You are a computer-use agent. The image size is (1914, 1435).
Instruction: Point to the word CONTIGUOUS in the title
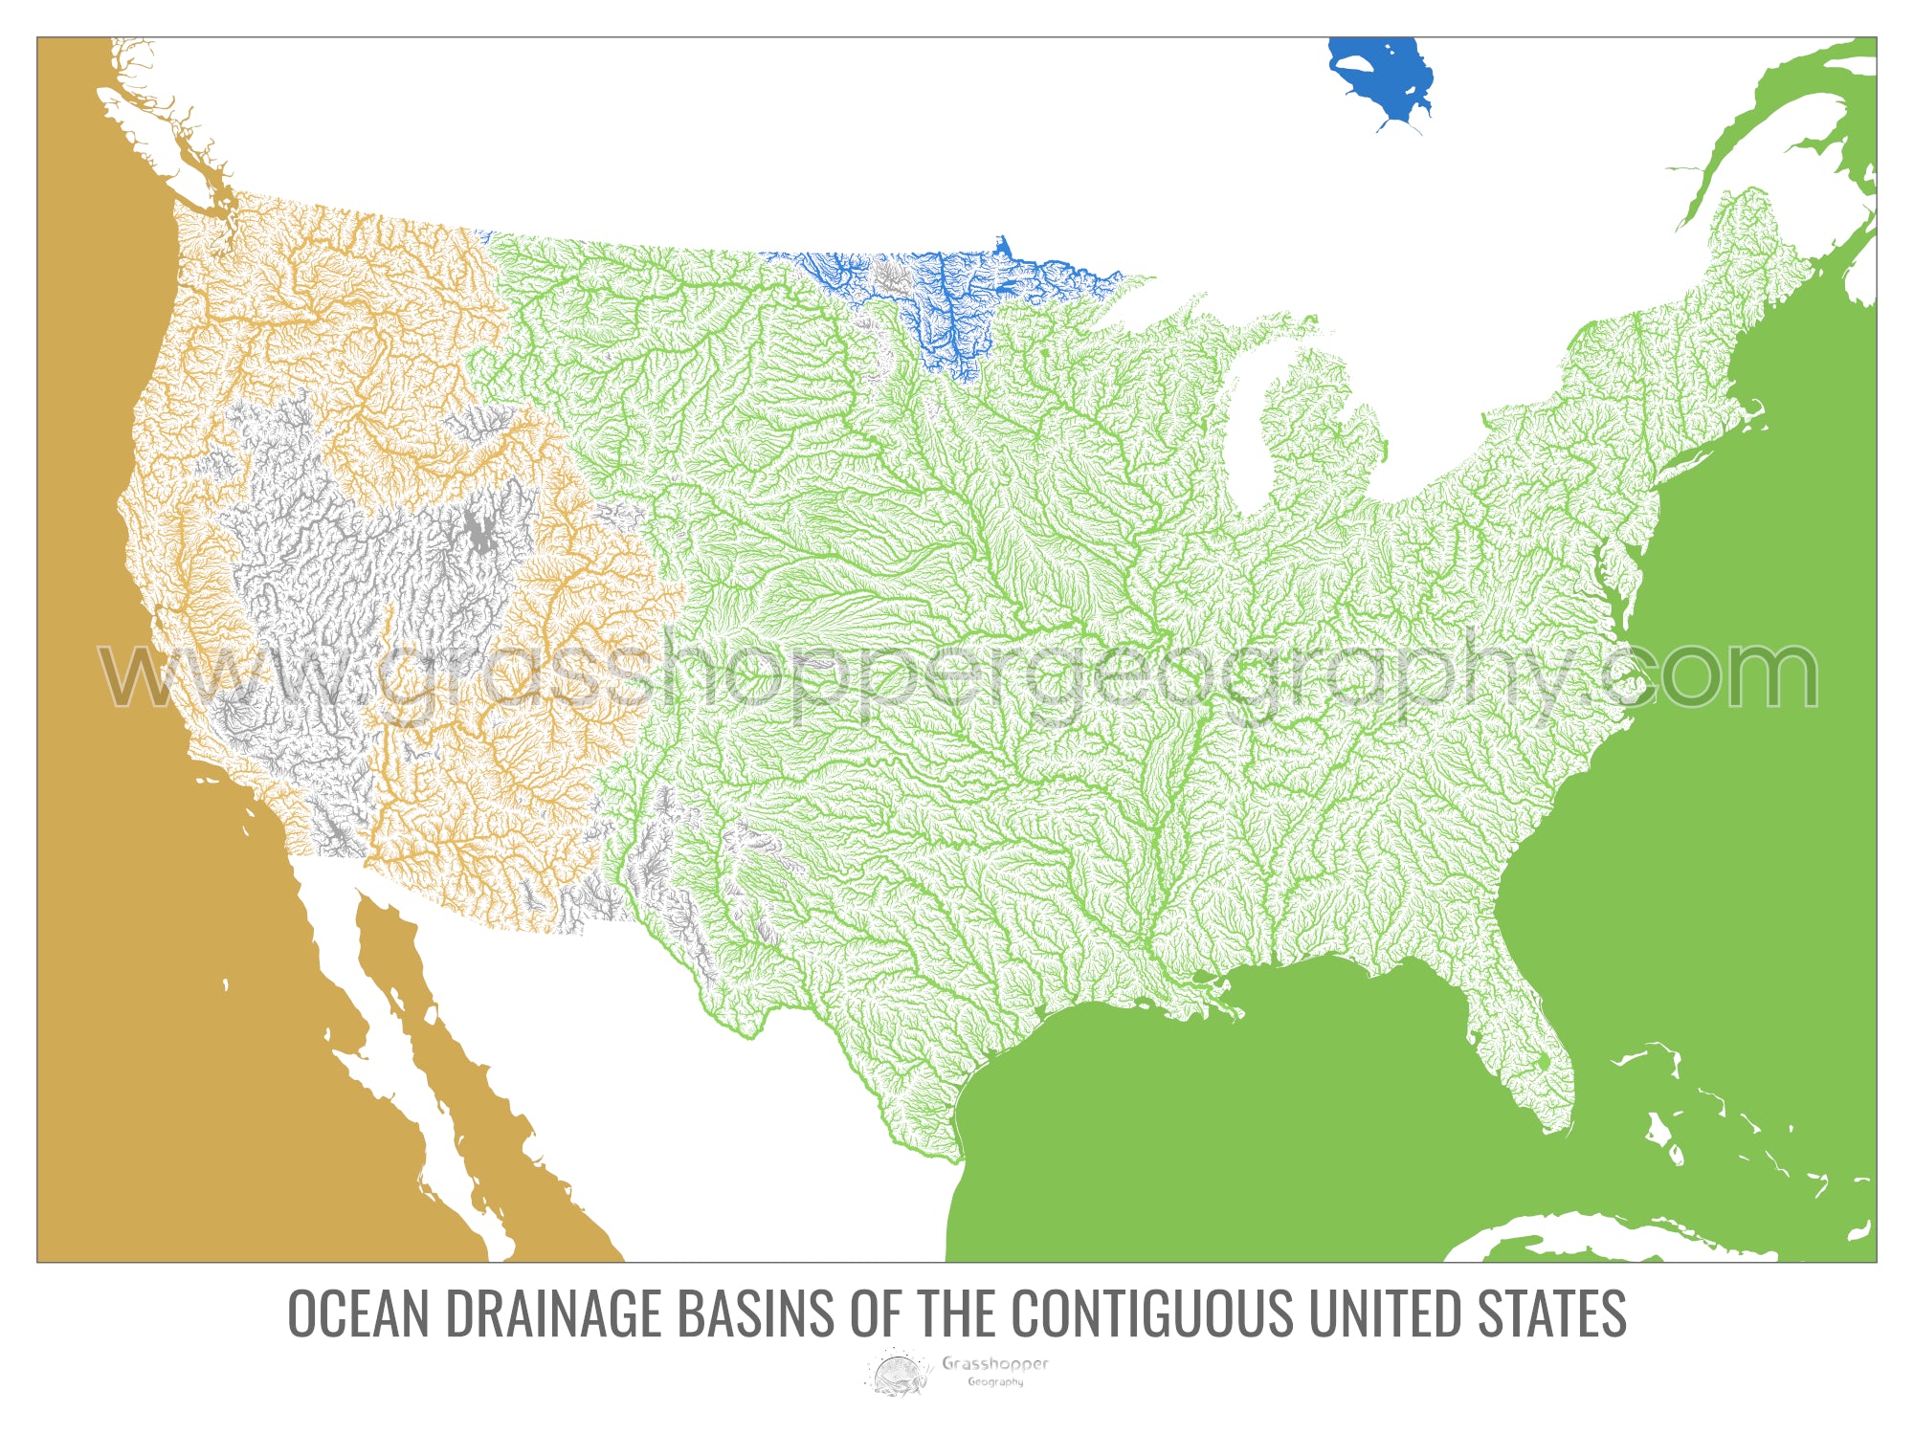(1152, 1314)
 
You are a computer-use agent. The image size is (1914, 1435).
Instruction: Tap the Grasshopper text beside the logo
(995, 1363)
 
